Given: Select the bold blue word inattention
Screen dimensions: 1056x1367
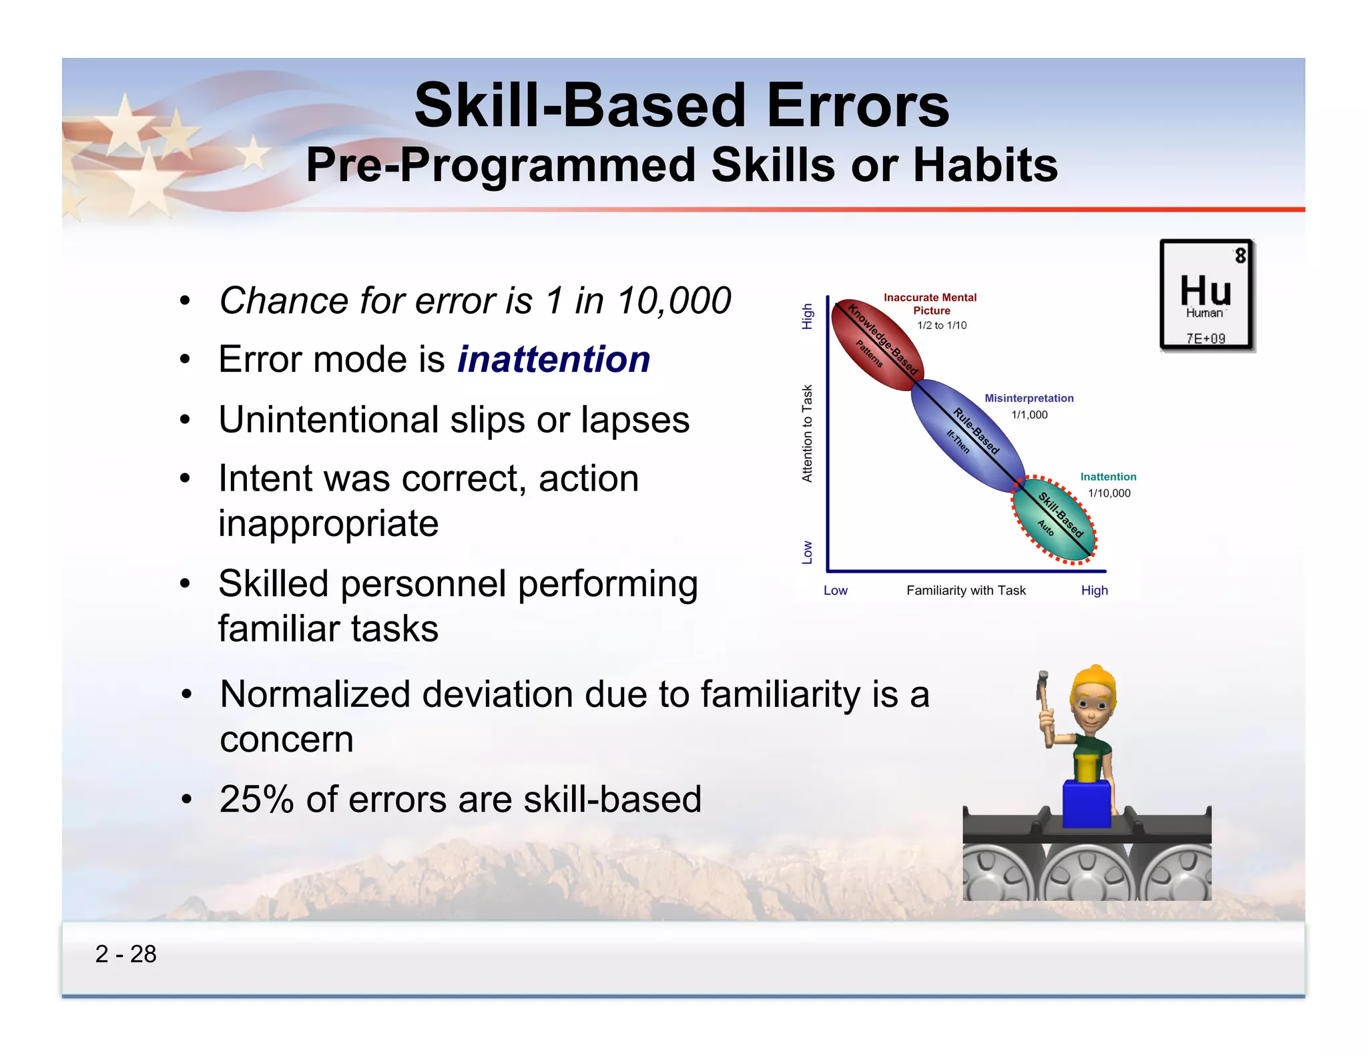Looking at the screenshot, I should [x=553, y=360].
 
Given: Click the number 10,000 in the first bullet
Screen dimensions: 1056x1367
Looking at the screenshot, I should [x=674, y=301].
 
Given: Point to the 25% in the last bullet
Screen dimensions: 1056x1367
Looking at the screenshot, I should [x=256, y=800].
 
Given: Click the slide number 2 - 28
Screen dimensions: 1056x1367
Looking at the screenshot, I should [x=125, y=954].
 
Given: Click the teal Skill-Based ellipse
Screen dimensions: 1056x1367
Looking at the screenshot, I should [x=1054, y=520].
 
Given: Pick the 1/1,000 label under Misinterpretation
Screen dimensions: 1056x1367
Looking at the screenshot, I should [x=1029, y=415].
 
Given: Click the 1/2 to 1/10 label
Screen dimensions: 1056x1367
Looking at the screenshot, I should [x=941, y=326].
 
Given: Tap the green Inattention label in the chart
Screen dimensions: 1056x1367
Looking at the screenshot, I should [x=1108, y=477].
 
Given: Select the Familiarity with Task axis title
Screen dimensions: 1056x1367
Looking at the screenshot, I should [x=966, y=591].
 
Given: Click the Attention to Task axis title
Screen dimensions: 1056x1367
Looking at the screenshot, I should [x=808, y=433].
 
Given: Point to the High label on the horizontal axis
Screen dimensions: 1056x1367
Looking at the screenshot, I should [x=1094, y=591].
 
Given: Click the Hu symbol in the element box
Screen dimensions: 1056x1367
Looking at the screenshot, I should [x=1205, y=291].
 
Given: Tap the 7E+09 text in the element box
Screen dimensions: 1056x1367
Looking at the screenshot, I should [x=1205, y=338].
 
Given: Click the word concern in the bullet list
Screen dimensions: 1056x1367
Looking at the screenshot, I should [x=286, y=740].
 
